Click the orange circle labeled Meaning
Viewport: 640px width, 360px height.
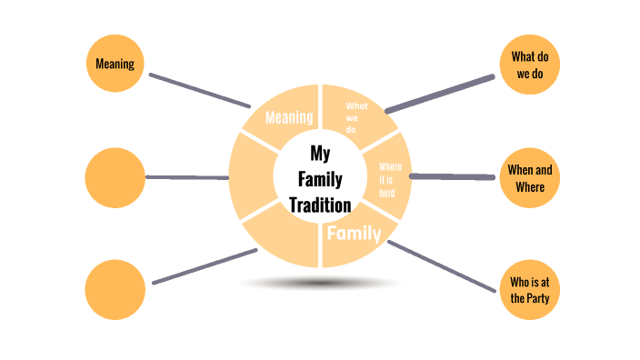tap(115, 64)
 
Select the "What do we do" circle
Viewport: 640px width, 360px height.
tap(529, 65)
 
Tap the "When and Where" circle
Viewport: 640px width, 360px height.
tap(529, 177)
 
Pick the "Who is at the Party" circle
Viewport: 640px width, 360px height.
tap(529, 289)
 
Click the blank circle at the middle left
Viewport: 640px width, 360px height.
tap(115, 177)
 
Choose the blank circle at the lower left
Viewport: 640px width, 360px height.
tap(115, 289)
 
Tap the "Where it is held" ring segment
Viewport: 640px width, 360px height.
tap(389, 178)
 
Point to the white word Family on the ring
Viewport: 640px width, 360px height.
tap(354, 234)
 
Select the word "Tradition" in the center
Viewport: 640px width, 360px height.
tap(319, 205)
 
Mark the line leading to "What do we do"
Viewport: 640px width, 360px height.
tap(440, 94)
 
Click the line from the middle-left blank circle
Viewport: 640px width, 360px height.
tap(187, 177)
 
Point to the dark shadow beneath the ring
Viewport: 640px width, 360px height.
tap(320, 284)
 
